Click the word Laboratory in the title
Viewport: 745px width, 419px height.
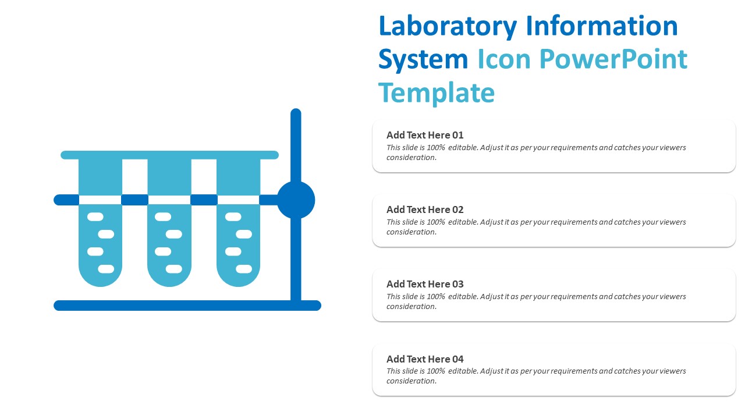448,27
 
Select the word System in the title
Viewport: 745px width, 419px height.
423,60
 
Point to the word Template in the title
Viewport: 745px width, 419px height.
437,93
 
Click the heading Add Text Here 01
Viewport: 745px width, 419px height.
425,135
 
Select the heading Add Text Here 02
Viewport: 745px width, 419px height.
425,210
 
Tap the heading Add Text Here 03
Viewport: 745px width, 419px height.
425,284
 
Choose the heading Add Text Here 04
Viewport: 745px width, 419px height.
425,359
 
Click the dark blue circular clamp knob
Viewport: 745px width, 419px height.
296,200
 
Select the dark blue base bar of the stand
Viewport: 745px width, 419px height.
187,306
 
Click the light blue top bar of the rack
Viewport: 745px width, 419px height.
169,155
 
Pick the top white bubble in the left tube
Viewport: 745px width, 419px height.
95,217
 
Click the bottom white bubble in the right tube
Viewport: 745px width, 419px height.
244,269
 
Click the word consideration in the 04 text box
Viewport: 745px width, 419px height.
411,381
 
